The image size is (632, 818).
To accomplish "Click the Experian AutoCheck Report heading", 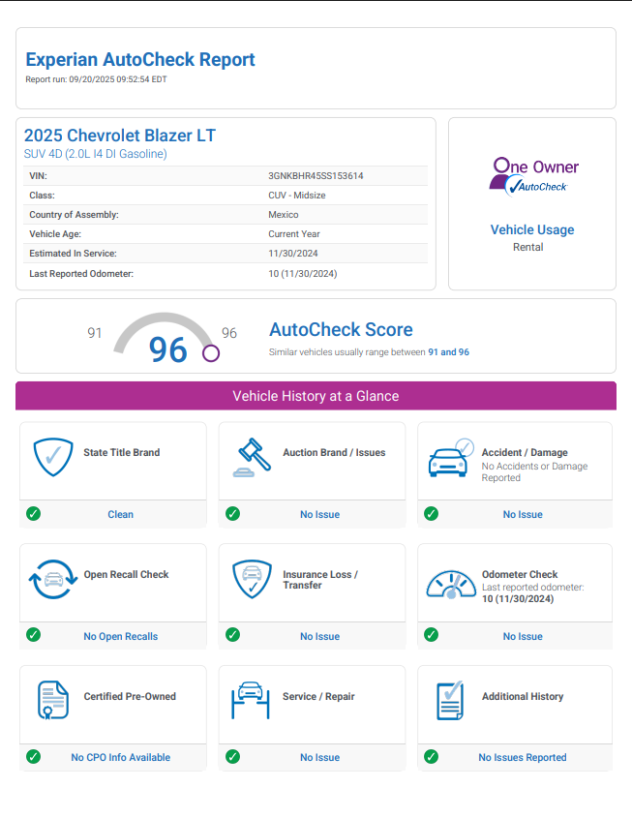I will click(140, 60).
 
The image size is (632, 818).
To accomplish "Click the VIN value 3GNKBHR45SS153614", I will click(316, 176).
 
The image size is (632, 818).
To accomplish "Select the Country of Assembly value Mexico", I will click(283, 215).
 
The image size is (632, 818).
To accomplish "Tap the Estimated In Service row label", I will click(73, 254).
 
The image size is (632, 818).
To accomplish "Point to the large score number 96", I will click(168, 349).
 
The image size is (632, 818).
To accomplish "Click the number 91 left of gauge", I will click(95, 333).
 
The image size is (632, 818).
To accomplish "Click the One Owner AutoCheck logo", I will click(533, 175).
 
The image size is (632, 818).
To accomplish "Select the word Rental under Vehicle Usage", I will click(528, 247).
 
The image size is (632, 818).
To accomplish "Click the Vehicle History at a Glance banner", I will click(316, 396).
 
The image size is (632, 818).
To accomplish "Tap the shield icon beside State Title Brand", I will click(53, 457).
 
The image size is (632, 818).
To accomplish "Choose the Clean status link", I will click(121, 514).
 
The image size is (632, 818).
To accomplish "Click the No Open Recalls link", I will click(121, 636).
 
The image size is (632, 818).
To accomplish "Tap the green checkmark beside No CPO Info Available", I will click(33, 757).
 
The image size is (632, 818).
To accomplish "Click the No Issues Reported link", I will click(523, 757).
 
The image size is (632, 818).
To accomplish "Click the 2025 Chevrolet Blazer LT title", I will click(120, 136).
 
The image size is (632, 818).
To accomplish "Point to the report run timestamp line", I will click(96, 79).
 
